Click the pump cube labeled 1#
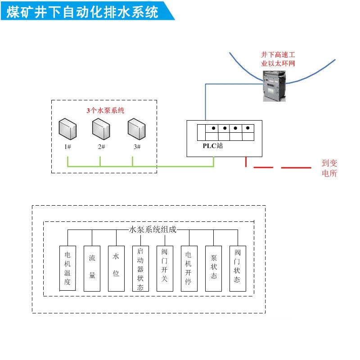pyautogui.click(x=68, y=129)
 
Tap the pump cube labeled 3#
pyautogui.click(x=136, y=129)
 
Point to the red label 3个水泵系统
pyautogui.click(x=105, y=110)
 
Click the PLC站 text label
pyautogui.click(x=212, y=146)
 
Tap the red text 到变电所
pyautogui.click(x=329, y=168)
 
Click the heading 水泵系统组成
pyautogui.click(x=153, y=229)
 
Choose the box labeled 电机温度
pyautogui.click(x=68, y=268)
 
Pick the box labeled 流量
pyautogui.click(x=92, y=268)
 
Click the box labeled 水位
pyautogui.click(x=116, y=268)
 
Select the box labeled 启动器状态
pyautogui.click(x=140, y=268)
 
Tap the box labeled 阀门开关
pyautogui.click(x=165, y=268)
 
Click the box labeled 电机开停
pyautogui.click(x=189, y=268)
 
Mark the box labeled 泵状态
pyautogui.click(x=213, y=268)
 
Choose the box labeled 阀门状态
pyautogui.click(x=238, y=268)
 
